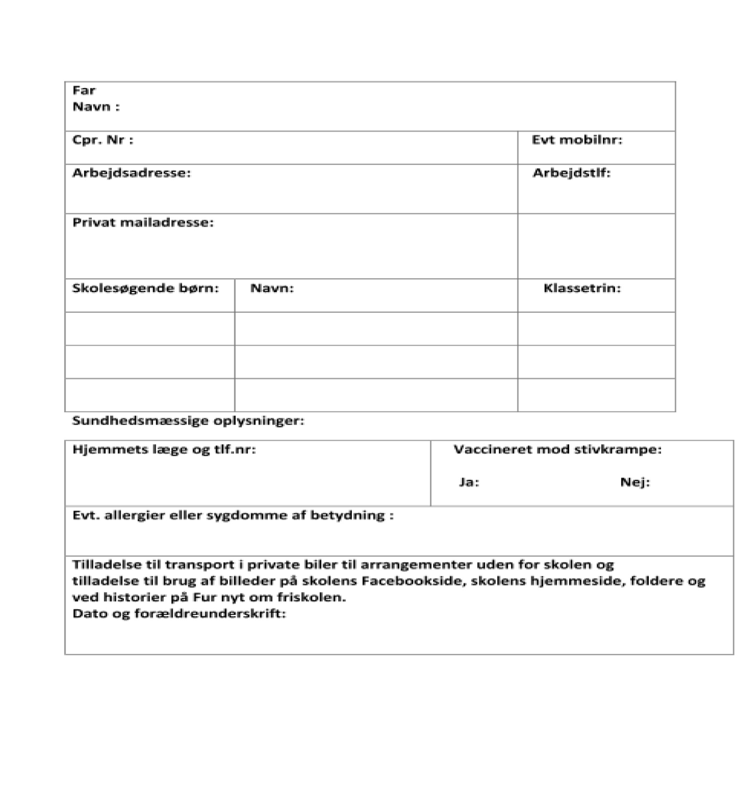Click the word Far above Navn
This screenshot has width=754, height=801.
pos(84,91)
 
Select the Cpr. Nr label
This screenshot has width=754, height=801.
pos(103,140)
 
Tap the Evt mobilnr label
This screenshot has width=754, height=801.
pos(577,140)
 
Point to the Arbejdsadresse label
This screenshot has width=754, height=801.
pos(131,173)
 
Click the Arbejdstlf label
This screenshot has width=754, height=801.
pos(571,173)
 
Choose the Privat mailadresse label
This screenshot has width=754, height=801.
pos(143,222)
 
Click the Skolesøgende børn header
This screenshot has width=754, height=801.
pos(145,288)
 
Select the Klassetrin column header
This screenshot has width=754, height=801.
pos(582,288)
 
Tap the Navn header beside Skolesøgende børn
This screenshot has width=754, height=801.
pos(272,288)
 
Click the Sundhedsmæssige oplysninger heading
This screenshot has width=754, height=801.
pos(188,421)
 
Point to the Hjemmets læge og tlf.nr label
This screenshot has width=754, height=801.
pos(164,450)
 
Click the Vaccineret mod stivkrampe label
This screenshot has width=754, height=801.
pos(557,450)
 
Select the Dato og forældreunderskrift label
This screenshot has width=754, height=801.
pos(179,614)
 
